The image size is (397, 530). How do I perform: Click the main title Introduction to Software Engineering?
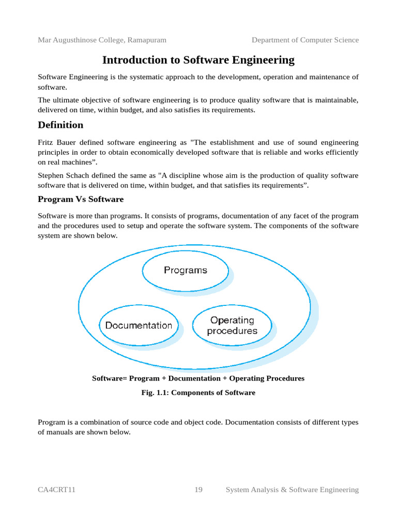(x=198, y=60)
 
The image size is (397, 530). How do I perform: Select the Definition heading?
(x=60, y=125)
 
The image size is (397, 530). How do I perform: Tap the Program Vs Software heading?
(x=81, y=199)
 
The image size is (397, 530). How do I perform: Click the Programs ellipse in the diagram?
(x=185, y=270)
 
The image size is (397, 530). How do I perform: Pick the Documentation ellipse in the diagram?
(x=139, y=326)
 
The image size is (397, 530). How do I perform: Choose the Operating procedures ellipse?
(x=232, y=326)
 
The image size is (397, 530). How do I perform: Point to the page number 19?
(x=198, y=490)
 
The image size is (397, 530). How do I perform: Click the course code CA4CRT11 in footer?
(x=57, y=490)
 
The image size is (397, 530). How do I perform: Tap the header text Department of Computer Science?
(x=305, y=40)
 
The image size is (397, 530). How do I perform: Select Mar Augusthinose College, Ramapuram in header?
(x=102, y=40)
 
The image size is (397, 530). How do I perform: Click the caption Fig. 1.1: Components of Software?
(x=198, y=393)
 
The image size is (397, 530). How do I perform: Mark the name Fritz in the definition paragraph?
(x=47, y=142)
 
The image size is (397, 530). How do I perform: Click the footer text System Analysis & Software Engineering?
(x=292, y=490)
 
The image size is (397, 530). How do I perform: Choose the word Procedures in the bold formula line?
(x=286, y=378)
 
